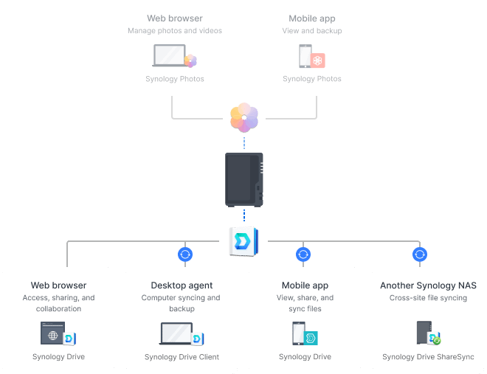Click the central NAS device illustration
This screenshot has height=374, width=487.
click(x=244, y=180)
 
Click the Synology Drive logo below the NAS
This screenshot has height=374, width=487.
click(x=244, y=240)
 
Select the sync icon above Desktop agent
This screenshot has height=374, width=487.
click(x=185, y=254)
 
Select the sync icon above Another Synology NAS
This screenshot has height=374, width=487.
click(x=420, y=254)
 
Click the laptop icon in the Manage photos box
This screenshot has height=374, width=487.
click(x=170, y=57)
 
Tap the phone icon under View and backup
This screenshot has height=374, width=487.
click(x=304, y=57)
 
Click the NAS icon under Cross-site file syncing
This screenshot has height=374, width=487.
click(x=424, y=334)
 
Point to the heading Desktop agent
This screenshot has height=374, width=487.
click(x=182, y=285)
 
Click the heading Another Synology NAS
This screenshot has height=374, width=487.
click(x=428, y=285)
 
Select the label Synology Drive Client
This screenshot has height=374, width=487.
click(x=182, y=357)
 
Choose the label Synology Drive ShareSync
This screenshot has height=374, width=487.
click(x=428, y=357)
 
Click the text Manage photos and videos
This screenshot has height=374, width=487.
click(x=175, y=31)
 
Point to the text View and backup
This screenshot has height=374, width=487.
click(x=312, y=31)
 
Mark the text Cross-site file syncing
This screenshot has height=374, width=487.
click(x=428, y=298)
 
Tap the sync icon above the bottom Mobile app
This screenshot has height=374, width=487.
click(x=303, y=254)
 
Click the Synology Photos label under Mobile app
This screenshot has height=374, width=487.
click(x=312, y=79)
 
